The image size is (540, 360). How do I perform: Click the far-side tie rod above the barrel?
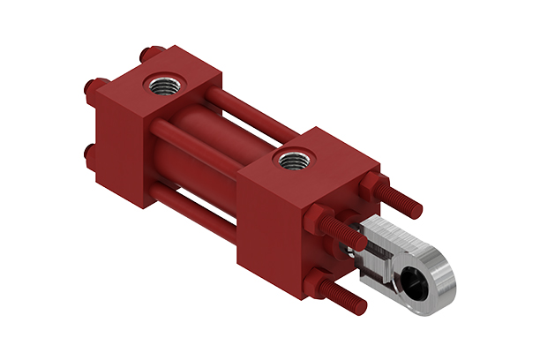(256, 119)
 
